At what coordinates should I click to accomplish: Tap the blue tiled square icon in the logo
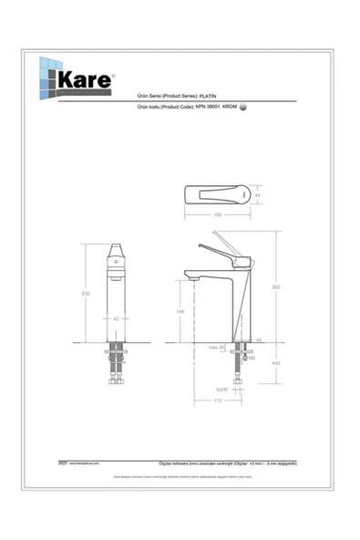click(46, 80)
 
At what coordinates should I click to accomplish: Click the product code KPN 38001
click(215, 107)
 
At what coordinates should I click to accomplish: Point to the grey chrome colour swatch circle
click(243, 107)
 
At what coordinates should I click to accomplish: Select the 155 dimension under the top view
click(218, 215)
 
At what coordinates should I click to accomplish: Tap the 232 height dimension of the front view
click(85, 293)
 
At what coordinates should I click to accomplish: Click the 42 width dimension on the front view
click(116, 318)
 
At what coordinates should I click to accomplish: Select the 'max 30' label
click(215, 348)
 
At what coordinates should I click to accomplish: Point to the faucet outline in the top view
click(217, 194)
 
